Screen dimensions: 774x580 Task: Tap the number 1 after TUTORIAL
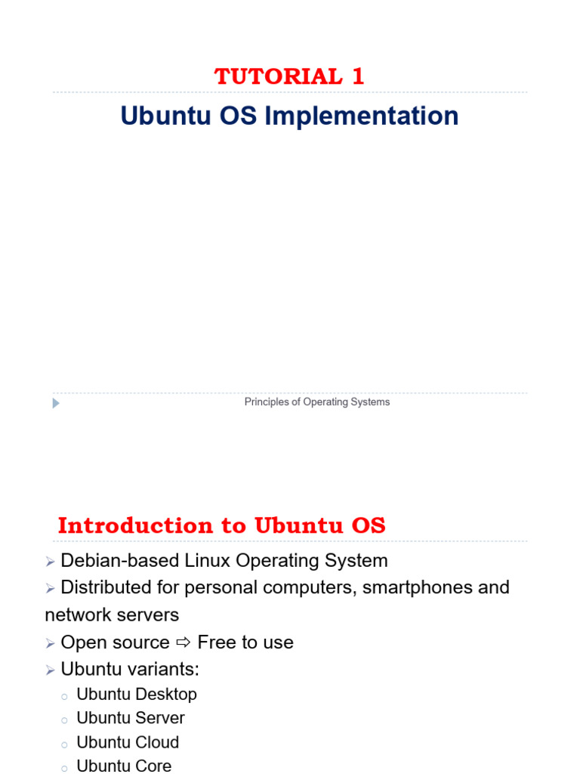tap(358, 76)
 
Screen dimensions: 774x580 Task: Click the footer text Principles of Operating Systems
tap(317, 402)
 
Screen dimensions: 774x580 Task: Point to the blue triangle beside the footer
tap(56, 404)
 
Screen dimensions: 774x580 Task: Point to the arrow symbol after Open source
tap(184, 642)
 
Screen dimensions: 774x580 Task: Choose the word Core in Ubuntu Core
tap(154, 766)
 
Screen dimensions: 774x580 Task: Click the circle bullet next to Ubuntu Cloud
tap(64, 744)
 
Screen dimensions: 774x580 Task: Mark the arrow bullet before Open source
tap(50, 643)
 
